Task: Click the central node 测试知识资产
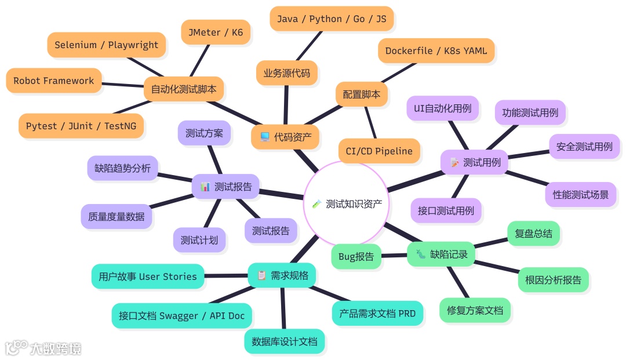pos(347,203)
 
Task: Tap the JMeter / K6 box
pos(215,32)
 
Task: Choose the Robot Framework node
pos(53,81)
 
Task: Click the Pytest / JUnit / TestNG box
pos(81,126)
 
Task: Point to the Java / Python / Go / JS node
pos(331,19)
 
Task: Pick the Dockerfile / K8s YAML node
pos(436,51)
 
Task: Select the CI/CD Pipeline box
pos(379,151)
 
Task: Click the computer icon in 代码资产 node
pos(264,137)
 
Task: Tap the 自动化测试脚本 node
pos(183,89)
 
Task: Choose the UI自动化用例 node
pos(442,108)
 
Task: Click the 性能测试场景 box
pos(580,195)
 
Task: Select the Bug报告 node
pos(356,257)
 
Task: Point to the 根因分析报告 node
pos(553,280)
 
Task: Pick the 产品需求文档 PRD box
pos(377,313)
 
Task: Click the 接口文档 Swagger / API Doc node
pos(181,316)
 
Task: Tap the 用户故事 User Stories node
pos(148,277)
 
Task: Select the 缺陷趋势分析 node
pos(122,168)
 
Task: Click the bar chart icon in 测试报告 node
pos(205,187)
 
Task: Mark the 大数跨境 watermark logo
pos(43,348)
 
